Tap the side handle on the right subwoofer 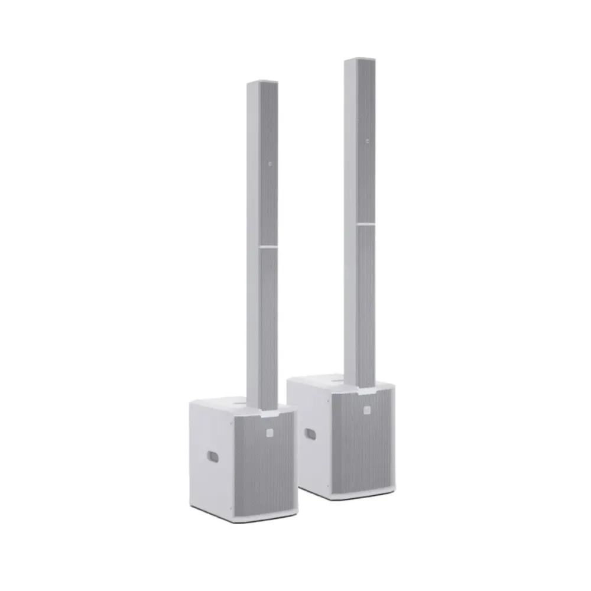pyautogui.click(x=310, y=434)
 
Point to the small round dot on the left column pyautogui.click(x=270, y=164)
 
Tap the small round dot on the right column pyautogui.click(x=367, y=141)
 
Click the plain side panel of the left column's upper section pyautogui.click(x=252, y=165)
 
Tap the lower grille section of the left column pyautogui.click(x=268, y=325)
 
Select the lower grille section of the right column pyautogui.click(x=366, y=301)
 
